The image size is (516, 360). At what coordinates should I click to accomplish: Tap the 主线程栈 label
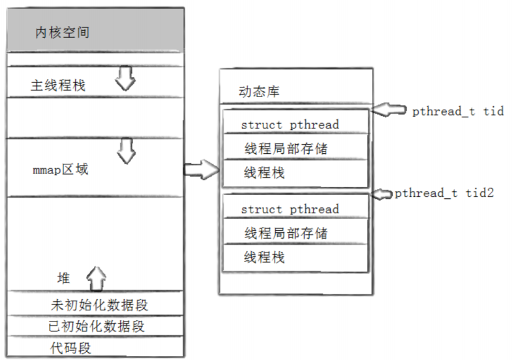58,85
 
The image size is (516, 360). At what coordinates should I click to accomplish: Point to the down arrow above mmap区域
125,152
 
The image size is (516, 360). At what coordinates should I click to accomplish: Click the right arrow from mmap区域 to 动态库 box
200,170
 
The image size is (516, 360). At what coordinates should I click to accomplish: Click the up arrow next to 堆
96,278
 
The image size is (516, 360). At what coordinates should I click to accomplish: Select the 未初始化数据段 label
104,305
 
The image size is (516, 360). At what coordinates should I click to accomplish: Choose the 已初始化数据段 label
97,325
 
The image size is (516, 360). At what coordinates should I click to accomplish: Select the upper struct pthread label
290,125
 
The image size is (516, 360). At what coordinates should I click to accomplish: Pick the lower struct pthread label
290,209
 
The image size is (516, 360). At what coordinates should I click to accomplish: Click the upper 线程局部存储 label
286,149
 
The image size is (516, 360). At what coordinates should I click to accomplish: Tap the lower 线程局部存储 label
286,233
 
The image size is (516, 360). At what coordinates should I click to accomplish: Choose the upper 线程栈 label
264,173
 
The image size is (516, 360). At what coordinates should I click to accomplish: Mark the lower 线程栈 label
264,257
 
